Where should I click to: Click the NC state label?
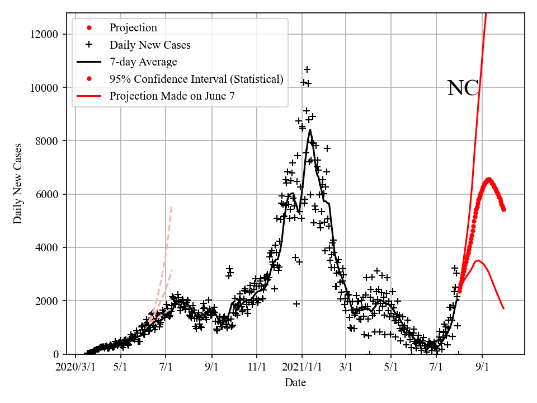[x=463, y=88]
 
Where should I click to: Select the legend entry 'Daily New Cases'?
[x=149, y=45]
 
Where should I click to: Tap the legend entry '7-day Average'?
[x=143, y=62]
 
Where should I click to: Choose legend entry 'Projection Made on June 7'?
[x=172, y=96]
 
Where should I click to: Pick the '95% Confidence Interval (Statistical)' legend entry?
[x=196, y=79]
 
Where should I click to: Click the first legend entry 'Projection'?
[x=133, y=27]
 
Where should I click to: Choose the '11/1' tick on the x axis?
[x=256, y=367]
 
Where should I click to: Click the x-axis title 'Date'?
[x=295, y=383]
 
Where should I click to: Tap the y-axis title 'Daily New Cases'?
[x=18, y=184]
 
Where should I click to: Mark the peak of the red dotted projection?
[x=488, y=180]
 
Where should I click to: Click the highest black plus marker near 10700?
[x=307, y=69]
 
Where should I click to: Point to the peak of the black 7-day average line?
[x=310, y=130]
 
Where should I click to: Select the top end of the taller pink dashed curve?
[x=171, y=206]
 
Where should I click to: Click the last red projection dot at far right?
[x=503, y=209]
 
